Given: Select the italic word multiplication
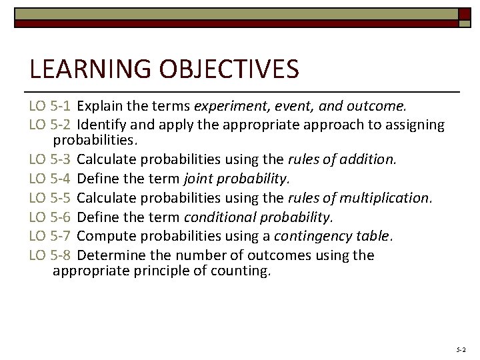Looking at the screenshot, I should click(x=387, y=198).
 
